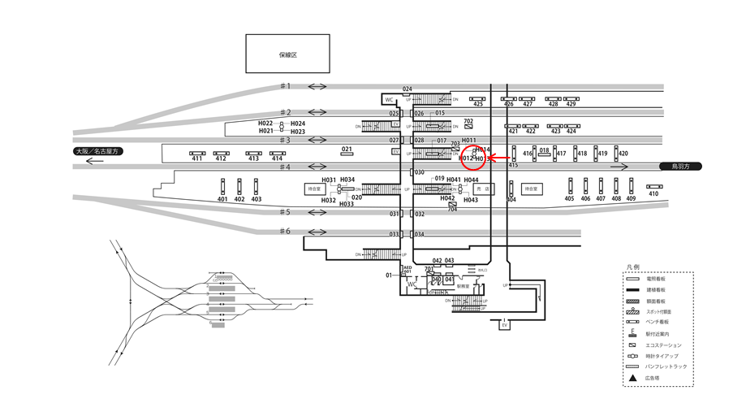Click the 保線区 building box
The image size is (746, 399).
click(x=288, y=54)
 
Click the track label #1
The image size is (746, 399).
click(x=285, y=86)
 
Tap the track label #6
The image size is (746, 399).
click(x=285, y=232)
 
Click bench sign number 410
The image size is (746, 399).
click(x=653, y=193)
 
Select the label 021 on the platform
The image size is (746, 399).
click(x=347, y=150)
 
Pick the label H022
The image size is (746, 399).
click(x=266, y=124)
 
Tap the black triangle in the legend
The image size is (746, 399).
click(x=630, y=379)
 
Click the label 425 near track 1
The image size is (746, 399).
click(x=477, y=104)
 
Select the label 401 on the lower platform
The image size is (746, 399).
click(x=223, y=199)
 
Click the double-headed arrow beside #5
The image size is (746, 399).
click(x=317, y=213)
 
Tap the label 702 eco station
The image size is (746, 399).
click(x=468, y=121)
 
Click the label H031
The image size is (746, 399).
click(x=329, y=180)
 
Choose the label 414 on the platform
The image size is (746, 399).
click(x=277, y=158)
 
